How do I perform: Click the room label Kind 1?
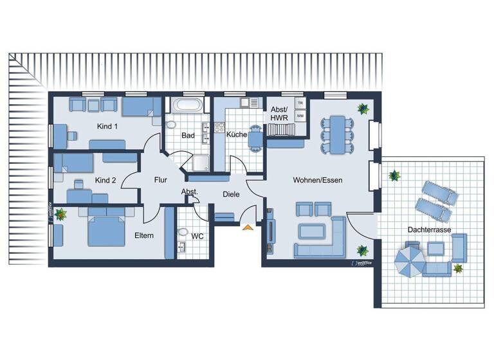pyautogui.click(x=107, y=127)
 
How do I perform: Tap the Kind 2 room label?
pyautogui.click(x=105, y=181)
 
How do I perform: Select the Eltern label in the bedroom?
pyautogui.click(x=143, y=235)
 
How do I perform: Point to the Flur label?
pyautogui.click(x=160, y=181)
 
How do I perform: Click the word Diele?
pyautogui.click(x=231, y=194)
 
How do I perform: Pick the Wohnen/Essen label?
pyautogui.click(x=317, y=181)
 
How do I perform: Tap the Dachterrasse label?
pyautogui.click(x=428, y=230)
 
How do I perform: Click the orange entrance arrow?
pyautogui.click(x=247, y=226)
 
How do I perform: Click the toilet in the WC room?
pyautogui.click(x=183, y=233)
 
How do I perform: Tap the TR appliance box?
pyautogui.click(x=299, y=103)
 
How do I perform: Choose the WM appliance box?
pyautogui.click(x=299, y=116)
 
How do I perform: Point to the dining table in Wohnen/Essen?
pyautogui.click(x=336, y=133)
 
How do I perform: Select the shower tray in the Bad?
pyautogui.click(x=199, y=163)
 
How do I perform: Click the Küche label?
pyautogui.click(x=236, y=134)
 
